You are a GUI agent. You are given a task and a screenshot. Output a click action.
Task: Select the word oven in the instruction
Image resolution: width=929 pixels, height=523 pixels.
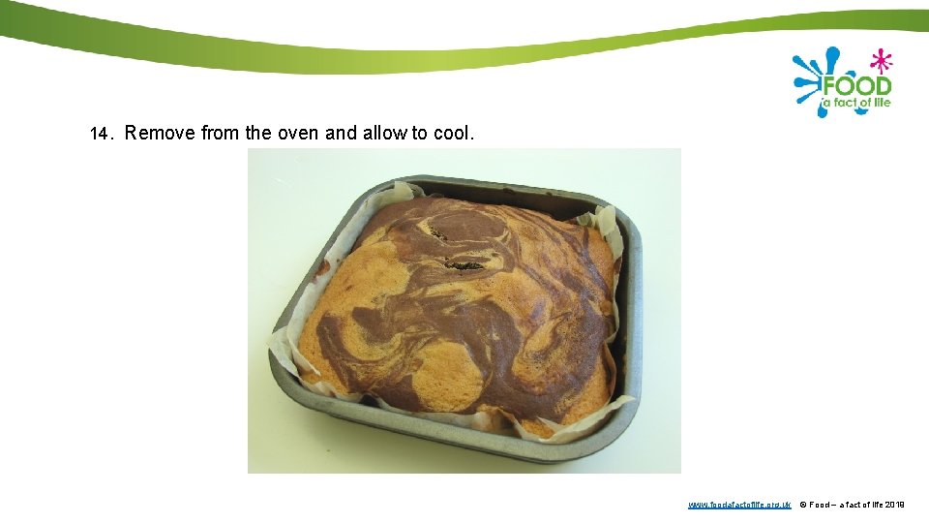tap(298, 133)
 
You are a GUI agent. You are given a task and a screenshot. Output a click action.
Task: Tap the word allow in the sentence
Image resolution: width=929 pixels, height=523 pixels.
tap(385, 133)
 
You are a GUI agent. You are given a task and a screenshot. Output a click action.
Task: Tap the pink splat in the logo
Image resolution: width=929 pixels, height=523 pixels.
tap(880, 61)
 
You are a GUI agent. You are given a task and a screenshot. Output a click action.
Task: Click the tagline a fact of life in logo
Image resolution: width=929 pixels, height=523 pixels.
tap(856, 103)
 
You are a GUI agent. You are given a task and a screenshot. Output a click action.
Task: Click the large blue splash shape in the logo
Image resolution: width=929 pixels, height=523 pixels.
tap(811, 77)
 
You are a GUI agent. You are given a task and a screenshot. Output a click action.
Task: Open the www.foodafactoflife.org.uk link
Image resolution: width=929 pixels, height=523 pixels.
tap(739, 505)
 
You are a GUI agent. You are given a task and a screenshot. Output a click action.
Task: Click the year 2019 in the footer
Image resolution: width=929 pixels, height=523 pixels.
tap(895, 505)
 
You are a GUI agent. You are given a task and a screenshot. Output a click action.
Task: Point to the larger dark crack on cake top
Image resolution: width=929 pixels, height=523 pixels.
tap(464, 263)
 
